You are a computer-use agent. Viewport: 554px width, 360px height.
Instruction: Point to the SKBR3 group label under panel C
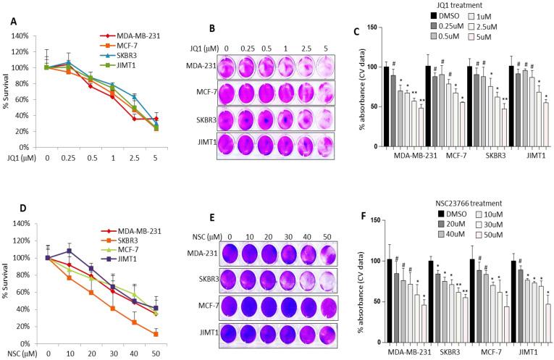(479, 154)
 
